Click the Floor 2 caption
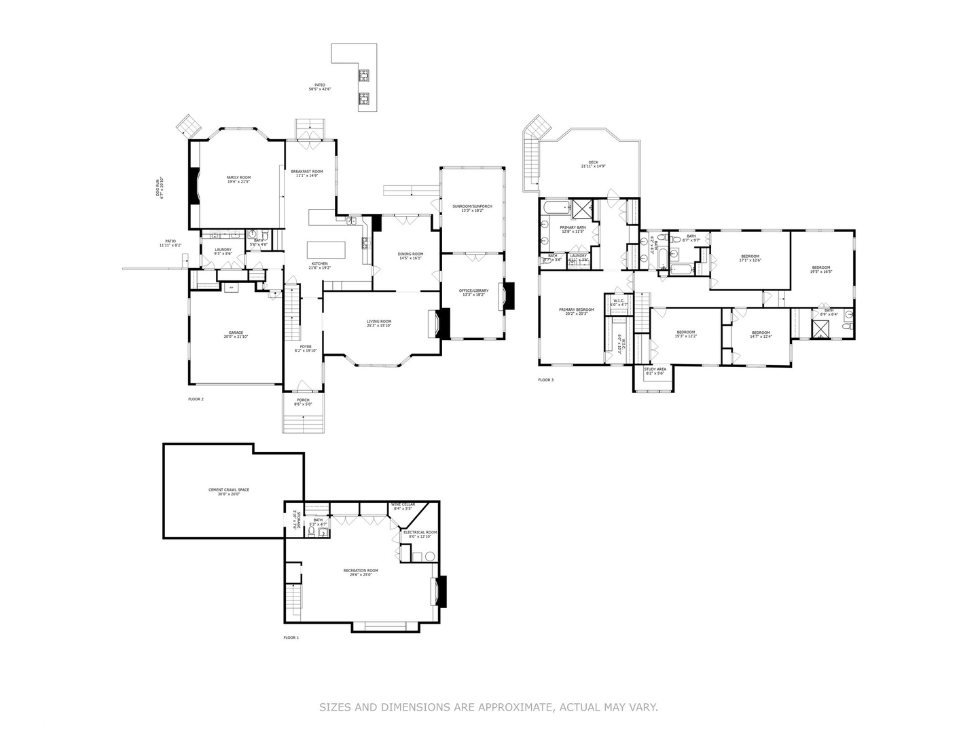click(x=196, y=399)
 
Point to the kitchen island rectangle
click(x=326, y=250)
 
